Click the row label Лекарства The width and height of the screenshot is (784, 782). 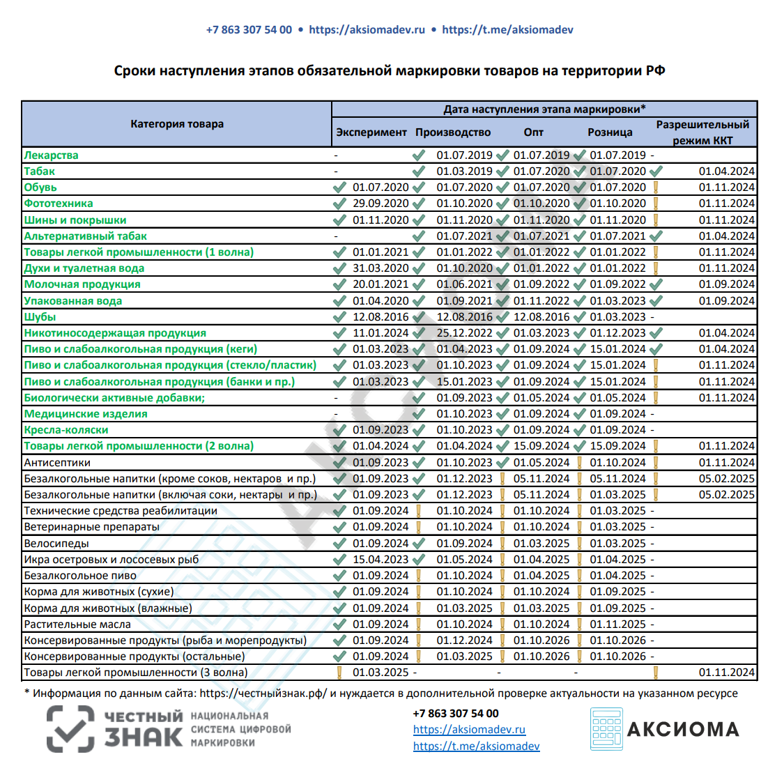click(x=51, y=155)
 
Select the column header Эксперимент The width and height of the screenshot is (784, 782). click(x=371, y=132)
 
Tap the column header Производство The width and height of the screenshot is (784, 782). click(x=453, y=132)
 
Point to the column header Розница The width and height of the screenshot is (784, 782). click(x=610, y=132)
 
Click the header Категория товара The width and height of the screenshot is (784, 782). click(x=177, y=124)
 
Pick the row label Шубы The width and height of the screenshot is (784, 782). click(x=40, y=317)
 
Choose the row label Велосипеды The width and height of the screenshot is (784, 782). click(x=56, y=544)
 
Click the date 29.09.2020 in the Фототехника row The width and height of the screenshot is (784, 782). click(x=381, y=204)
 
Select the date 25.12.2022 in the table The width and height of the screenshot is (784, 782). click(x=464, y=333)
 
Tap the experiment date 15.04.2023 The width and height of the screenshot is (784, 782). click(x=381, y=560)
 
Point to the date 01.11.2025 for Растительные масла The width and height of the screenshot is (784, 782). click(x=617, y=624)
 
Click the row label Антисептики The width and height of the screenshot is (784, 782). click(x=57, y=463)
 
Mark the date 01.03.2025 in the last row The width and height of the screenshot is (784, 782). click(x=381, y=673)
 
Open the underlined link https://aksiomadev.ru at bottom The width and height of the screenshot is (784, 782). click(x=469, y=730)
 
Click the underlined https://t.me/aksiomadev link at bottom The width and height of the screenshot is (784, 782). click(x=476, y=746)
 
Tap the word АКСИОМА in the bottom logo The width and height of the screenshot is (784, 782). click(x=683, y=730)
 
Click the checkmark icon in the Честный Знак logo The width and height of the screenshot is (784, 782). click(x=70, y=730)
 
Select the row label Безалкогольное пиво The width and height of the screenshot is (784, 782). click(x=80, y=576)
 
